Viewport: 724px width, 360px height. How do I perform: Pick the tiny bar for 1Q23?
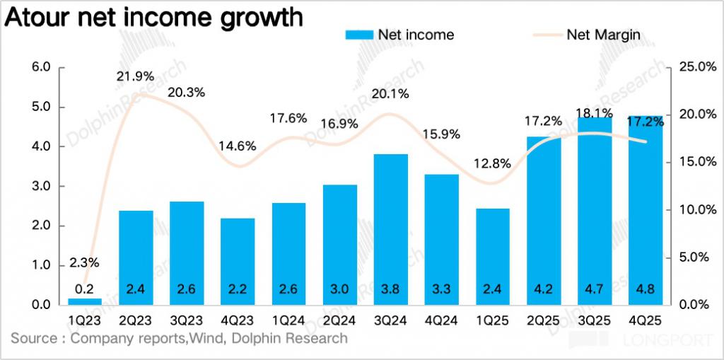pos(85,301)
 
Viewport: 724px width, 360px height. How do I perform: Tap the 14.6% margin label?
pos(237,146)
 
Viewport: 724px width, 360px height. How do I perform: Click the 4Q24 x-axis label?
pos(442,319)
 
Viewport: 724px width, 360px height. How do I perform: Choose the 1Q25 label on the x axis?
pos(493,319)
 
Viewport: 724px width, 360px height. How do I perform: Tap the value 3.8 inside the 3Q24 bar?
pos(391,289)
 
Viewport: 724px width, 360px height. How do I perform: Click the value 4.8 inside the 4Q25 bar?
pos(645,289)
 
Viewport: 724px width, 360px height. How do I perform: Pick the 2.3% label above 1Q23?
pos(84,263)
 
